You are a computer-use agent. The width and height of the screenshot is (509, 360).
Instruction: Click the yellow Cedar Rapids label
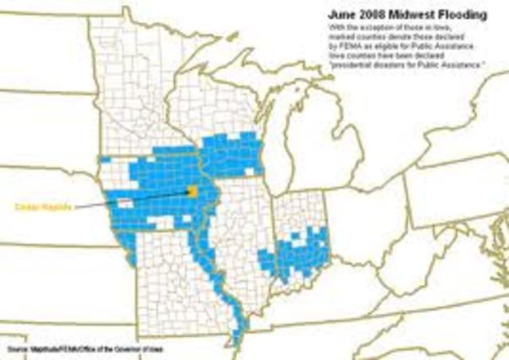coord(44,207)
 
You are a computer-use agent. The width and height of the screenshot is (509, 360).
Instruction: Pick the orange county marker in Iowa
coord(192,192)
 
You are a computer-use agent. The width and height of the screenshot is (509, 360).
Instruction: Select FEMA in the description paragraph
coord(364,36)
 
